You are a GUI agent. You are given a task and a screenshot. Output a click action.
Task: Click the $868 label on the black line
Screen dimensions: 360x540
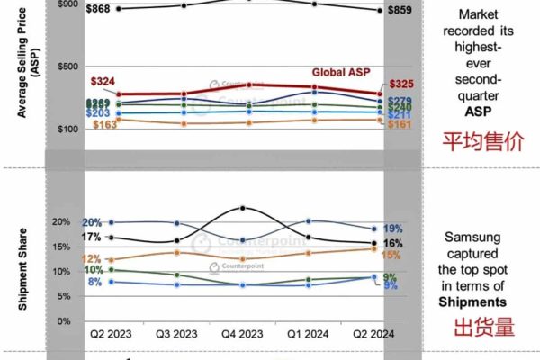[x=104, y=9]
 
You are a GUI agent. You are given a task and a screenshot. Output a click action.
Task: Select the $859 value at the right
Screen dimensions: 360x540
[x=401, y=11]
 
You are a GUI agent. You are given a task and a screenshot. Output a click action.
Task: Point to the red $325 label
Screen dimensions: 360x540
[x=400, y=84]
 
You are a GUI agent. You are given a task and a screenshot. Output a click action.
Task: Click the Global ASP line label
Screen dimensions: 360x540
[x=346, y=72]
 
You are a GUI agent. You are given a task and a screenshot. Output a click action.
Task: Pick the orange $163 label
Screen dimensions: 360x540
[x=105, y=124]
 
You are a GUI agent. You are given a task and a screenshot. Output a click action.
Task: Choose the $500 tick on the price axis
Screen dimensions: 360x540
[x=68, y=66]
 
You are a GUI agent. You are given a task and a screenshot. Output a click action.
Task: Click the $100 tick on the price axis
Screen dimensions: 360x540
[x=68, y=129]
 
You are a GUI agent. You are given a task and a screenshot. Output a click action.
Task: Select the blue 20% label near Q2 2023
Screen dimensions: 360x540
[x=91, y=222]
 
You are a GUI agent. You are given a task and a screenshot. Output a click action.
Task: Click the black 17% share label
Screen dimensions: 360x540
[x=91, y=238]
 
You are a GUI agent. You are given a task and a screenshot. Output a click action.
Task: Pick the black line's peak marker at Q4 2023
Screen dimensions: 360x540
[x=243, y=208]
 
